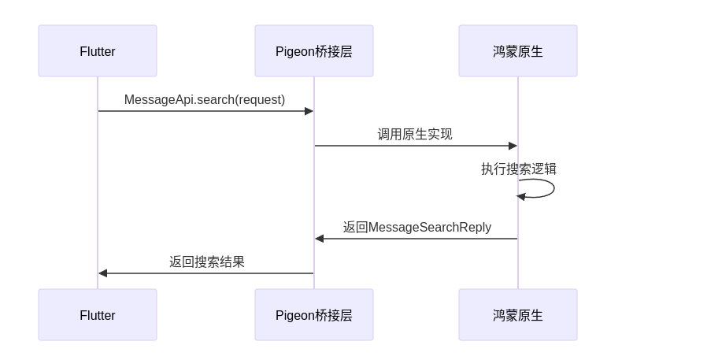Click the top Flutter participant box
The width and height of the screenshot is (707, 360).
pyautogui.click(x=98, y=51)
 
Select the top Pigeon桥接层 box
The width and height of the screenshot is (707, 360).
pyautogui.click(x=313, y=51)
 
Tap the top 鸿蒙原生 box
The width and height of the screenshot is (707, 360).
pyautogui.click(x=517, y=51)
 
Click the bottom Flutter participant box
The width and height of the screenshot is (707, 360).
pyautogui.click(x=98, y=315)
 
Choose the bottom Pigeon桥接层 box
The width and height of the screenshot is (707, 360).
pyautogui.click(x=313, y=315)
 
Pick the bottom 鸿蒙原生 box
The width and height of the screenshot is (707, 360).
pyautogui.click(x=517, y=315)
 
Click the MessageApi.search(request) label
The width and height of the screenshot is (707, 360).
pyautogui.click(x=205, y=100)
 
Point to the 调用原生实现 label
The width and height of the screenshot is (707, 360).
pyautogui.click(x=415, y=135)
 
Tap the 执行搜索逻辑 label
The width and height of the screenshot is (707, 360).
pyautogui.click(x=519, y=169)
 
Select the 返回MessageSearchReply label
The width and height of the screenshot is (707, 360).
pyautogui.click(x=416, y=228)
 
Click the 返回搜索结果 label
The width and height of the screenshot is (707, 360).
pyautogui.click(x=206, y=262)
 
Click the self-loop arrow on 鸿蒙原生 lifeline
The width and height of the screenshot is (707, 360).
pyautogui.click(x=553, y=188)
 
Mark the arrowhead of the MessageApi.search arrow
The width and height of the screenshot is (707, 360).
pyautogui.click(x=309, y=111)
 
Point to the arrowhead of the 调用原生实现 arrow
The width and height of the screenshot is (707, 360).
pyautogui.click(x=513, y=146)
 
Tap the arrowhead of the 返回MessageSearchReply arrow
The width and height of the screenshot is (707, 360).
pyautogui.click(x=320, y=239)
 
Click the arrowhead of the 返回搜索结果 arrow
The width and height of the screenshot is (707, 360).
pyautogui.click(x=103, y=273)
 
